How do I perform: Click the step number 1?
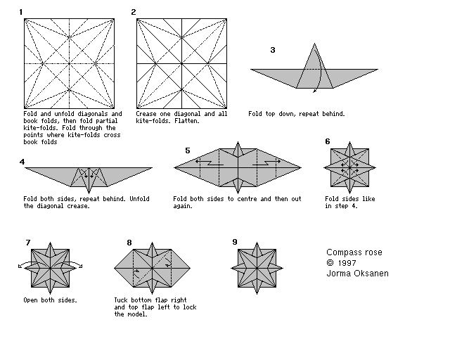coord(21,12)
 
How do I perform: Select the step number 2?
coord(134,12)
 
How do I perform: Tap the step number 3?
coord(273,50)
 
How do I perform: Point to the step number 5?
coord(188,150)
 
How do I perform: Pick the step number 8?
coord(129,243)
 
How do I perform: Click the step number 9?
coord(235,242)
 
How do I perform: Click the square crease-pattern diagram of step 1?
coord(70,63)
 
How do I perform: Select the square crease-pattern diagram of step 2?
coord(182,63)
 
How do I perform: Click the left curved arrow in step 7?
coord(23,265)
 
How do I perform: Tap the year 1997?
coord(349,263)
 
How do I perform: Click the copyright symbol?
coord(330,263)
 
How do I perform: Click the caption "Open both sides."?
coord(50,300)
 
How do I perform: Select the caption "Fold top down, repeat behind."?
coord(297,113)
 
